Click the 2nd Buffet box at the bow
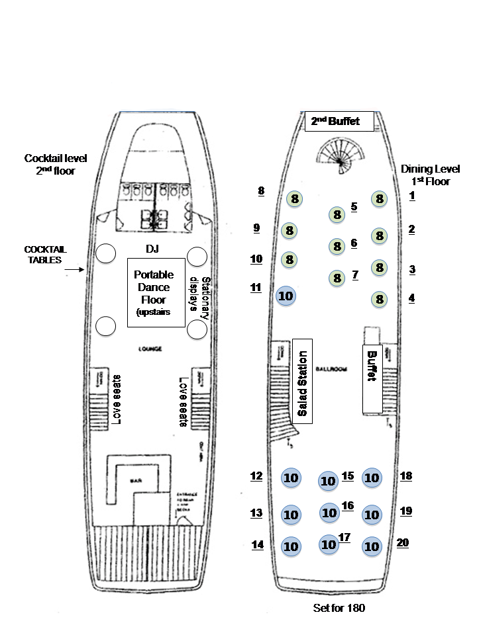[339, 122]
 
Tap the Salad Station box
[302, 382]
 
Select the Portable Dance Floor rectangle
[156, 292]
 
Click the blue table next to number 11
[286, 296]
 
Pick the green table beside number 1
[379, 198]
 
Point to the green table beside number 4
[380, 299]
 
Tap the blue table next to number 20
[372, 546]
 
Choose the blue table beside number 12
[291, 478]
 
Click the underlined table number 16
[348, 506]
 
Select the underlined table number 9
[256, 229]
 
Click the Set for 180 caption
[339, 607]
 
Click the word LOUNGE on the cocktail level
[151, 349]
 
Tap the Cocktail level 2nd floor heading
[56, 165]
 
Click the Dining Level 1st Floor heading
[430, 175]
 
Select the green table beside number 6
[337, 247]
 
